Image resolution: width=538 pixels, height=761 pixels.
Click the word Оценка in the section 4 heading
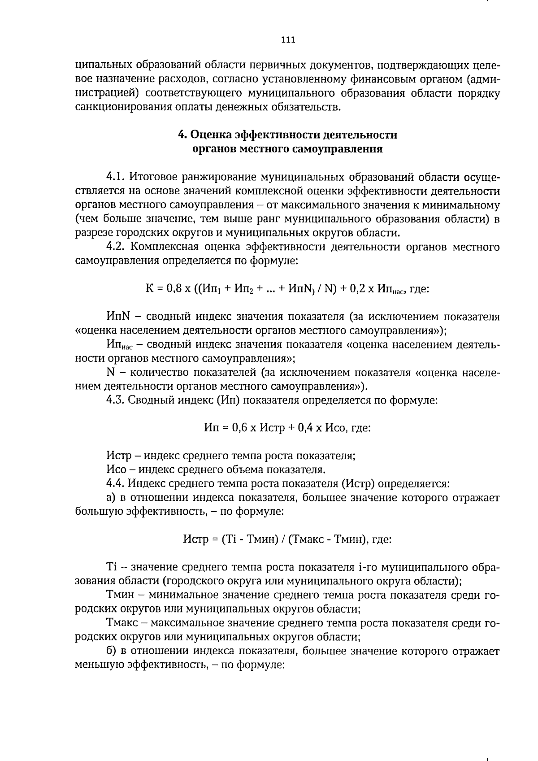click(211, 135)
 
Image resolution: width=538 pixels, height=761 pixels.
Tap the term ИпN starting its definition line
click(118, 317)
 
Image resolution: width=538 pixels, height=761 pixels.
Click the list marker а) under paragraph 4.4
click(112, 497)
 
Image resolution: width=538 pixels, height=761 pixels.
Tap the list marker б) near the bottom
click(112, 651)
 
